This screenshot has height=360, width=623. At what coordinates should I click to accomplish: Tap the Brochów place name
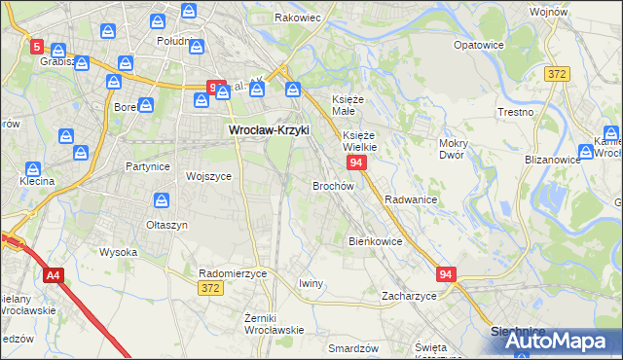(333, 185)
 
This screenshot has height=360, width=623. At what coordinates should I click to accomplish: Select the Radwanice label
(410, 198)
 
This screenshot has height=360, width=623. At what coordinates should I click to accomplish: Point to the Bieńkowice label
(376, 240)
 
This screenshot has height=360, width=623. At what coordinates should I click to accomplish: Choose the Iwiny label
(311, 283)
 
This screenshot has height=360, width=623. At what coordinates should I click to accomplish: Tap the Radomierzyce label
(233, 273)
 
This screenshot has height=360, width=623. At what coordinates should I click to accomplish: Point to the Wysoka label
(118, 252)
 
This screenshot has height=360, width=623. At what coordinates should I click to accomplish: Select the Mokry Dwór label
(454, 149)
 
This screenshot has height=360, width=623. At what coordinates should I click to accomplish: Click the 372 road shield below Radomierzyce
(209, 288)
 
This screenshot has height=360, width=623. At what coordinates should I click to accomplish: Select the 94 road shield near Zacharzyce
(447, 275)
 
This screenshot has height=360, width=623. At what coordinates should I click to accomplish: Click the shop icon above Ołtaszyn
(163, 200)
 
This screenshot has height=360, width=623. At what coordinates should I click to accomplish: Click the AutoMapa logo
(553, 341)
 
